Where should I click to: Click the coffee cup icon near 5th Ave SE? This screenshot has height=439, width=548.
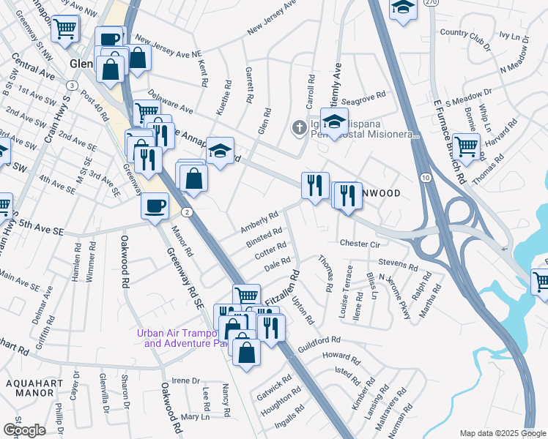click(x=155, y=206)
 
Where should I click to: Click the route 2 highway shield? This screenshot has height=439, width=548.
click(x=188, y=212)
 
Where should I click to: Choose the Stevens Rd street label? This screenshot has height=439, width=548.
click(x=398, y=261)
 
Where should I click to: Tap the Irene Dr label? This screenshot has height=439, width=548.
click(x=185, y=380)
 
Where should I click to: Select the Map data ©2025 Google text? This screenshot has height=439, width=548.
click(x=502, y=433)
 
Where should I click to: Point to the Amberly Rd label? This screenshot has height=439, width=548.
click(x=259, y=222)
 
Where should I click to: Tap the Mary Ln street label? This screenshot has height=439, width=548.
click(x=195, y=416)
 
